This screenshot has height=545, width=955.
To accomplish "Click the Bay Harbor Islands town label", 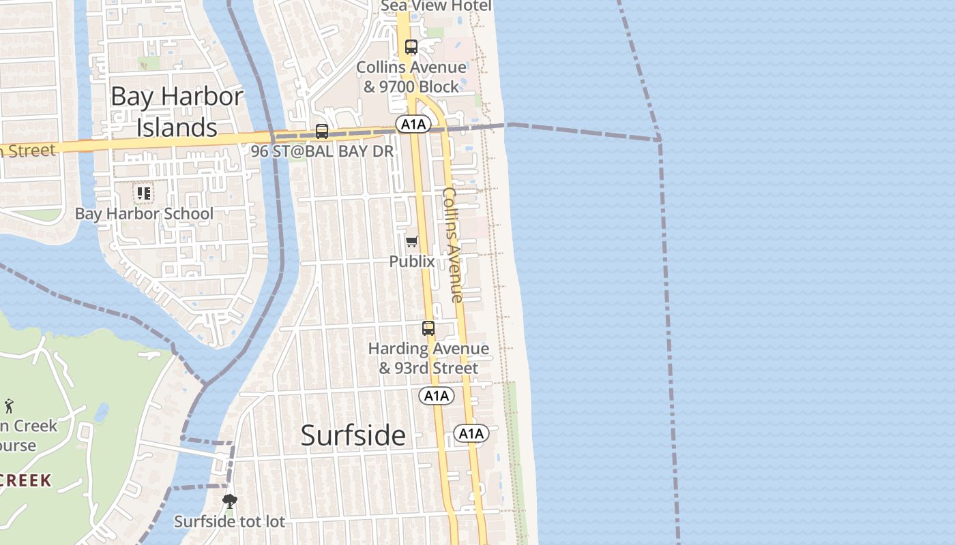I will pyautogui.click(x=177, y=112).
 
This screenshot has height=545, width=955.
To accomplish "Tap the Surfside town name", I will pyautogui.click(x=353, y=435).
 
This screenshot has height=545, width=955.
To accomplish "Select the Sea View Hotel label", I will pyautogui.click(x=436, y=6).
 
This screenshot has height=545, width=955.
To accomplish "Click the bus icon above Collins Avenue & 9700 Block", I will pyautogui.click(x=411, y=47).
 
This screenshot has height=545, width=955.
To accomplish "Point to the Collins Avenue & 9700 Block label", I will pyautogui.click(x=411, y=77).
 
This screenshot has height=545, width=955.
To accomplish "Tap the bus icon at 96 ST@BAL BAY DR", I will pyautogui.click(x=321, y=131).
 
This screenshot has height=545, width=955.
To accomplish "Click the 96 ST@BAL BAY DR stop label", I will pyautogui.click(x=323, y=151).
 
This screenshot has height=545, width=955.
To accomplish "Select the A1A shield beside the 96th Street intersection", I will pyautogui.click(x=413, y=124).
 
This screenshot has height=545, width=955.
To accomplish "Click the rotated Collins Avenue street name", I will pyautogui.click(x=452, y=245).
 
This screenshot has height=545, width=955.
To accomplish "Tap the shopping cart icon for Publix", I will pyautogui.click(x=412, y=242).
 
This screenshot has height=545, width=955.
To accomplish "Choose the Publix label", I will pyautogui.click(x=412, y=261).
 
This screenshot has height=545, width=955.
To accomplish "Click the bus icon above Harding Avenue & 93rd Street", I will pyautogui.click(x=428, y=328).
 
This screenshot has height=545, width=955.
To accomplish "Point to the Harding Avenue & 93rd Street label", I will pyautogui.click(x=428, y=358).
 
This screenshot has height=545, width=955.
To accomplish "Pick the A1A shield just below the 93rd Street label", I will pyautogui.click(x=437, y=396).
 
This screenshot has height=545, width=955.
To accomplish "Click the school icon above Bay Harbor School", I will pyautogui.click(x=144, y=193).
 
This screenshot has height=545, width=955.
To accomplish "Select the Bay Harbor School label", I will pyautogui.click(x=144, y=213).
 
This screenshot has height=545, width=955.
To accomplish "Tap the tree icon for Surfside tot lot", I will pyautogui.click(x=230, y=502).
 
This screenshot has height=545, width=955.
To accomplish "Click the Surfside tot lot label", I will pyautogui.click(x=229, y=522).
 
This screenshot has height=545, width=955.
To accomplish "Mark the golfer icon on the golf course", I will pyautogui.click(x=9, y=407).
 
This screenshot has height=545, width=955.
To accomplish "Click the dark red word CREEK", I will pyautogui.click(x=26, y=480).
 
